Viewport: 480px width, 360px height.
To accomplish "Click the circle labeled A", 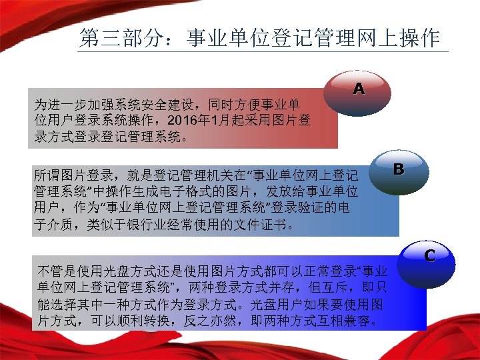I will click(359, 89).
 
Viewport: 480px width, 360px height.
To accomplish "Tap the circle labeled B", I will click(399, 170).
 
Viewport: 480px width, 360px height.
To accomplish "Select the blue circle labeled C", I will click(430, 255).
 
